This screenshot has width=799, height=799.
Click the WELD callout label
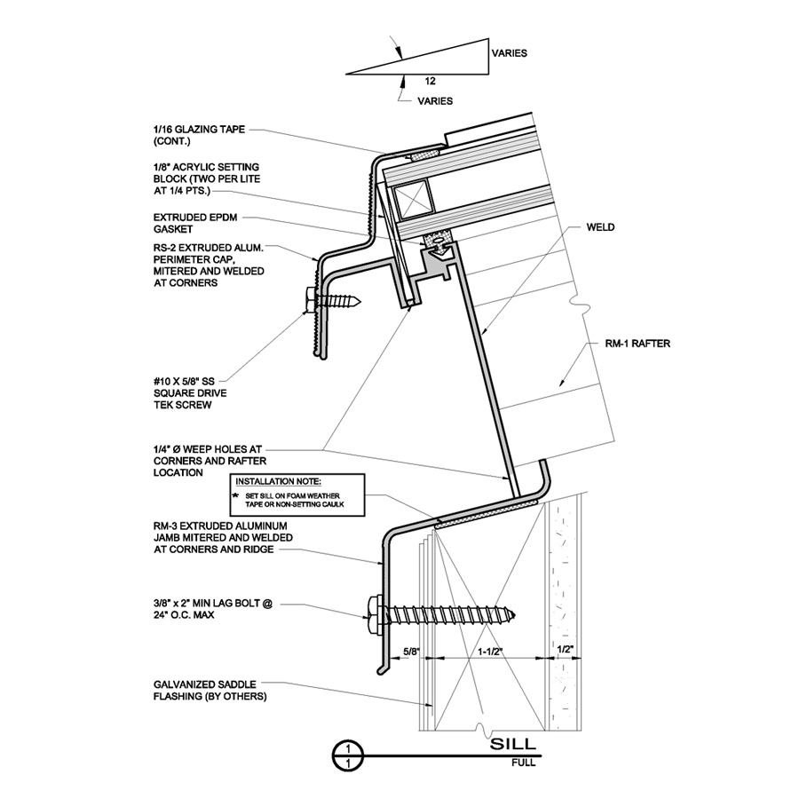tap(600, 227)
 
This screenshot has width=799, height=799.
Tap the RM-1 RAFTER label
tap(637, 344)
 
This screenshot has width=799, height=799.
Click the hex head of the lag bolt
tap(375, 614)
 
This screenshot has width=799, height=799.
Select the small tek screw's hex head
tap(312, 301)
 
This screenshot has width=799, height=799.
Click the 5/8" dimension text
tap(412, 651)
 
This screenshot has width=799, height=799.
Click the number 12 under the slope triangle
tap(430, 81)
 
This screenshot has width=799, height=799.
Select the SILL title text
tap(513, 743)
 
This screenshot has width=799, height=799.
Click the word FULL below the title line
tap(524, 763)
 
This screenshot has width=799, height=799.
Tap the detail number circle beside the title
tap(348, 756)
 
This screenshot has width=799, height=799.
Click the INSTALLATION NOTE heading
tap(278, 481)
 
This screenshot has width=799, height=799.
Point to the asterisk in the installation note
tap(235, 495)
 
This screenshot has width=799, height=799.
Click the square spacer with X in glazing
tap(414, 197)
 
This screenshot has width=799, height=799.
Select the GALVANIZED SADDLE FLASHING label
tap(210, 690)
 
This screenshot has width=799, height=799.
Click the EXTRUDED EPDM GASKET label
tap(195, 223)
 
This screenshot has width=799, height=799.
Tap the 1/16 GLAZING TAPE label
tap(199, 135)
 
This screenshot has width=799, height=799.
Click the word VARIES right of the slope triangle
tap(510, 53)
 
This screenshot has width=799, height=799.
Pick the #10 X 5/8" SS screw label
tap(191, 393)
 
